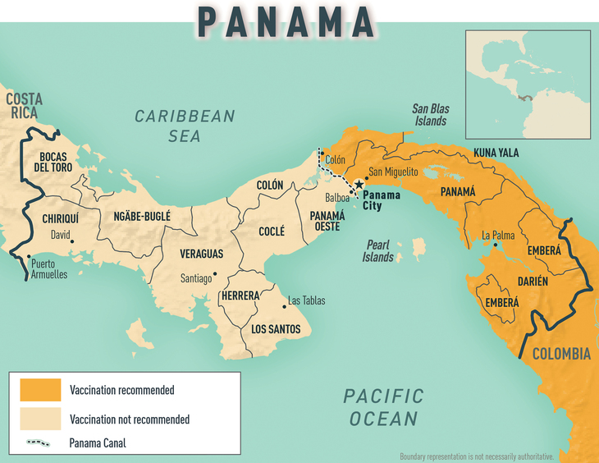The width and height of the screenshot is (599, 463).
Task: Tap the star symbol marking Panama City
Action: coord(359,185)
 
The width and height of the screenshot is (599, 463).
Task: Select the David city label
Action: coord(60,235)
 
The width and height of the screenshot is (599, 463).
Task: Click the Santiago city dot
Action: coord(215,274)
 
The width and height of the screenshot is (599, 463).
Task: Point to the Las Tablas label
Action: coord(307,300)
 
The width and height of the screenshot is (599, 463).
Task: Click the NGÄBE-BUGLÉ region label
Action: coord(135,217)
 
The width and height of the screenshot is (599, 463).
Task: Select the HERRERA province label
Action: coord(240,296)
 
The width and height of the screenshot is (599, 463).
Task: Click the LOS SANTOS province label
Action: coord(276,329)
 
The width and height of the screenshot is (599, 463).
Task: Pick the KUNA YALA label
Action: coord(496,153)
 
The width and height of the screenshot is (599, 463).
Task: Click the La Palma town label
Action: coord(498,235)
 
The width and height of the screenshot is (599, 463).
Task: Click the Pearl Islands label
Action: coord(378,250)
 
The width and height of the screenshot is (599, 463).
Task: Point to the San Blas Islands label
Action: coord(430,115)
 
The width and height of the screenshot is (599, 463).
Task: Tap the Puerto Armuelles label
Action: coord(48,269)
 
